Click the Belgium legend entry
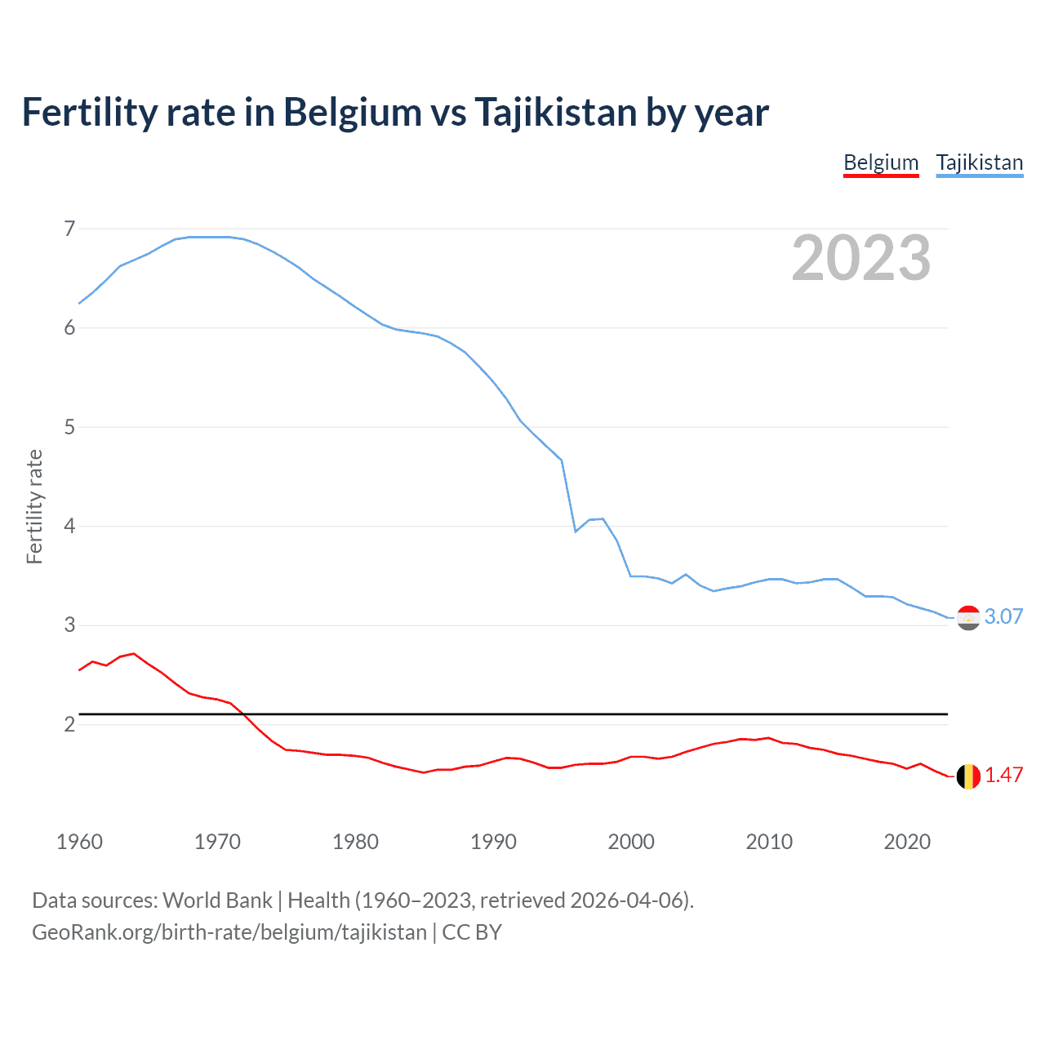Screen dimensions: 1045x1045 point(881,162)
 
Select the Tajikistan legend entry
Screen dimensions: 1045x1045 point(979,162)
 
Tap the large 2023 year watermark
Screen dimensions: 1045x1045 point(860,258)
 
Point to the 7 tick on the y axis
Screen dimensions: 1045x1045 point(69,229)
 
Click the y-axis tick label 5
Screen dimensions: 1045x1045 point(69,427)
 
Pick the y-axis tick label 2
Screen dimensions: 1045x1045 point(69,724)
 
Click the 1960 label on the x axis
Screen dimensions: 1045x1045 point(79,842)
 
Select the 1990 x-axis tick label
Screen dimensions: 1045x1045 point(493,842)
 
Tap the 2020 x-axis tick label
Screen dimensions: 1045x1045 point(907,842)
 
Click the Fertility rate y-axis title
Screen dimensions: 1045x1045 point(34,506)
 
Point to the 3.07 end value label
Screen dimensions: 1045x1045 point(1003,616)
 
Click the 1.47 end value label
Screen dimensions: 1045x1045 point(1003,775)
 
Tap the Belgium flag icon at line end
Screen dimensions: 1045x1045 point(968,776)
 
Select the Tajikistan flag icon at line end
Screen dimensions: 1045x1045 point(968,618)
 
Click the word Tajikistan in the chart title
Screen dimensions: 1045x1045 point(555,113)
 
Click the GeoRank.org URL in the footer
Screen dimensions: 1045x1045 point(229,932)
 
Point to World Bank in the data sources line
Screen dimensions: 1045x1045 point(217,900)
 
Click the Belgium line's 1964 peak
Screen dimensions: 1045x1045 point(134,653)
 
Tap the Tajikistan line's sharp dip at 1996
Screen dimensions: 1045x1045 point(576,531)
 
